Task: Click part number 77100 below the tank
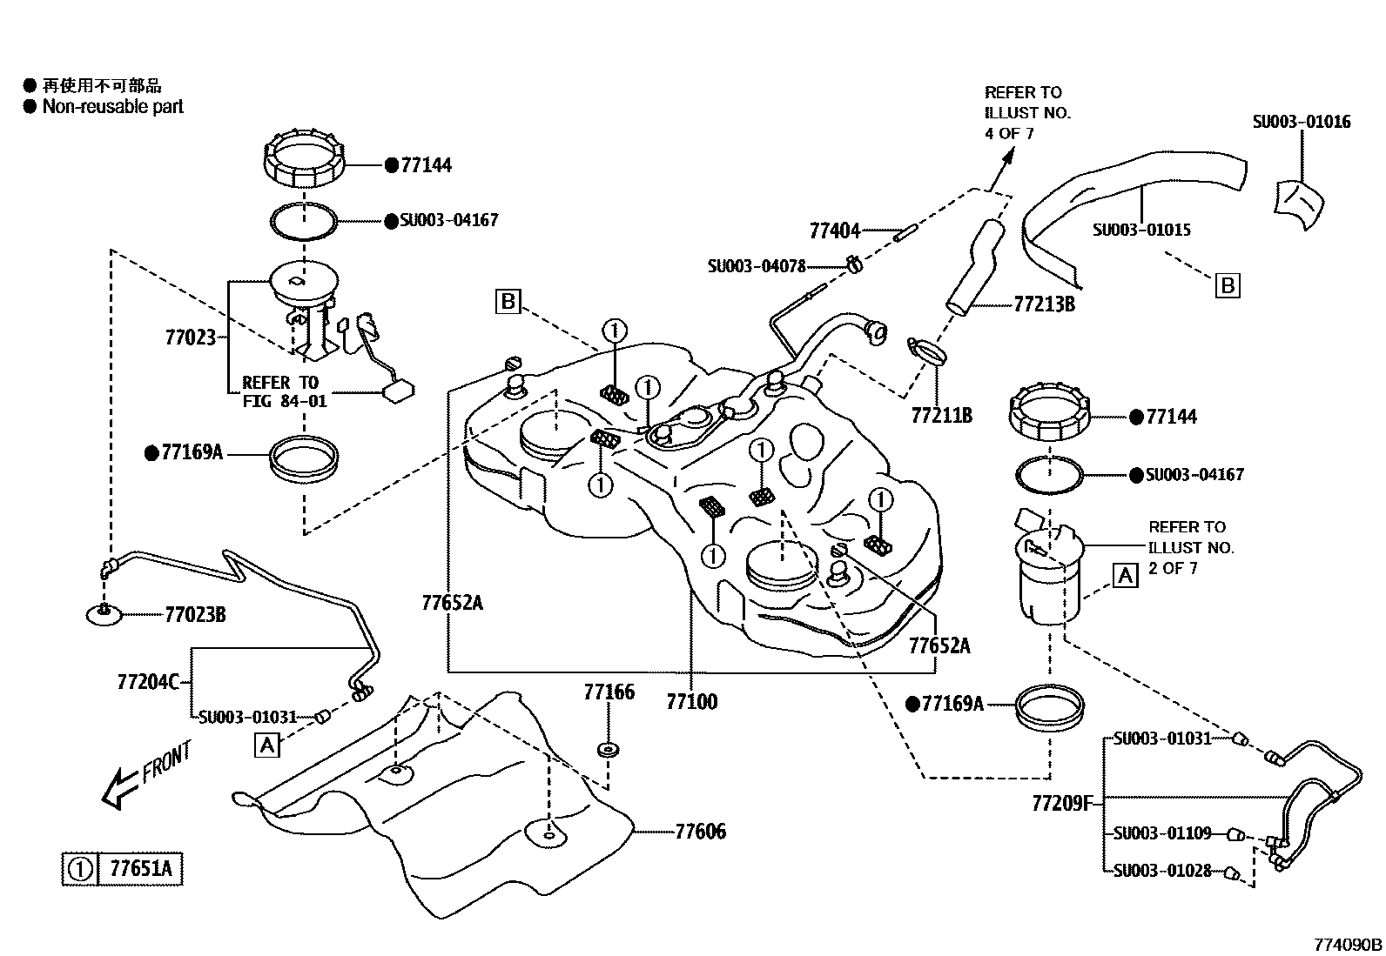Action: pos(691,701)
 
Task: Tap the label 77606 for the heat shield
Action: pos(700,832)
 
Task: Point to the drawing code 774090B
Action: pos(1348,944)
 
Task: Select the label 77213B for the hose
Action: pos(1043,304)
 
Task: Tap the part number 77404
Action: pos(834,231)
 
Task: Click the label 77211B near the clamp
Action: pos(940,416)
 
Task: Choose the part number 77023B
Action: pos(195,615)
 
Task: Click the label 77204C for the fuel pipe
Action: pos(147,681)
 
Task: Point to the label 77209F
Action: pos(1060,803)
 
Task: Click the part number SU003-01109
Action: pos(1162,833)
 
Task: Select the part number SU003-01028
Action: pos(1162,870)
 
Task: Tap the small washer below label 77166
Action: pos(609,749)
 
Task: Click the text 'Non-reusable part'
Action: pos(113,107)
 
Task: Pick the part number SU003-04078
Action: pos(756,266)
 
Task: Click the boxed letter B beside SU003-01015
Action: pos(1227,285)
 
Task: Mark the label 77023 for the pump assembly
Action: pos(190,337)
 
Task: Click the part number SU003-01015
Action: pos(1141,231)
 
